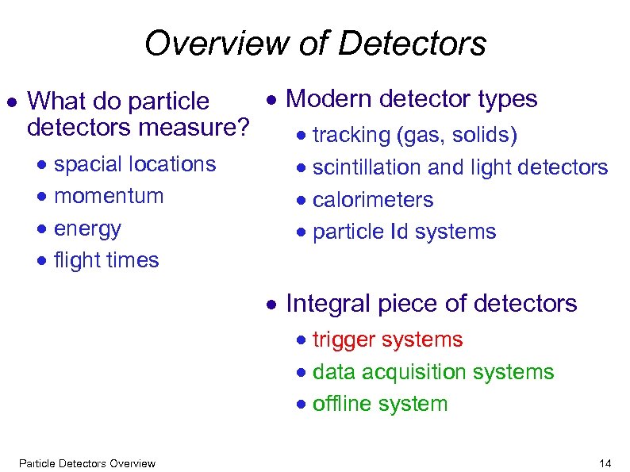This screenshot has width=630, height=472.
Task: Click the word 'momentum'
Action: (109, 196)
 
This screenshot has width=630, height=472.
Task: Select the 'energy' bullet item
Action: (87, 228)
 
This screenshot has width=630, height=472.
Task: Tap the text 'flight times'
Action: (106, 260)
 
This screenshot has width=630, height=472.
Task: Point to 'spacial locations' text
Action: (135, 164)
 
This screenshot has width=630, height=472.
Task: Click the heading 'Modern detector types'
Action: (411, 99)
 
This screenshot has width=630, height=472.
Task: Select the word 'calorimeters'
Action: (373, 200)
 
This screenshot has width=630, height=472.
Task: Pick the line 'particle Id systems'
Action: (404, 232)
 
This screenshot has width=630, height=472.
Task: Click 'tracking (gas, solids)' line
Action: (415, 136)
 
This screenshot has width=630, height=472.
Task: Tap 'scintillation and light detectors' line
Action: (460, 167)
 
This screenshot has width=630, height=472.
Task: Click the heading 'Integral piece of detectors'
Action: (431, 304)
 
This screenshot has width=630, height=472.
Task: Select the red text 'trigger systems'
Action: (387, 340)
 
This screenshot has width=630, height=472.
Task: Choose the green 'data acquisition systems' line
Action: (433, 372)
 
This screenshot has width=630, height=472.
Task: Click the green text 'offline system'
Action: (380, 404)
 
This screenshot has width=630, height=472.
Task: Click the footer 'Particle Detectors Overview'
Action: (86, 463)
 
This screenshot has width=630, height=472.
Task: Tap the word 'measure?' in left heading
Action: (208, 125)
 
